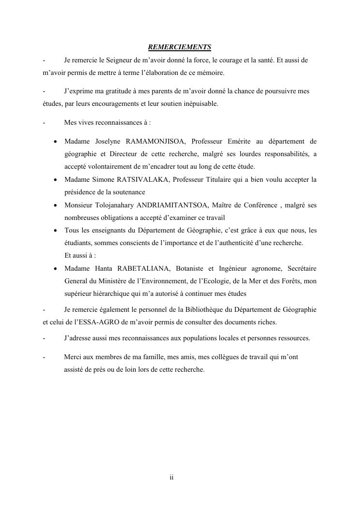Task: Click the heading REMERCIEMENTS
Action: tap(179, 47)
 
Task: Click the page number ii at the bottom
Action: tap(172, 478)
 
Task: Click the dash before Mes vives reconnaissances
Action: tap(43, 123)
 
